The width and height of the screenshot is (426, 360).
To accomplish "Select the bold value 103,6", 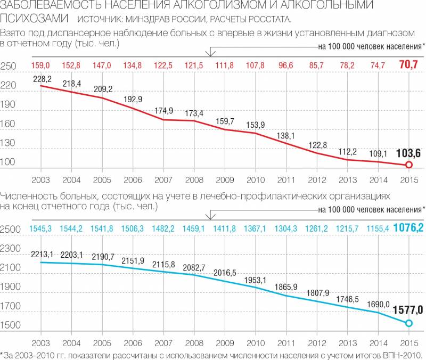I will click(x=409, y=153).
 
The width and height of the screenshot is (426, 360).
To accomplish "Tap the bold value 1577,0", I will click(x=408, y=310).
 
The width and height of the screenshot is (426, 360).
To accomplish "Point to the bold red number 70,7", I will click(x=409, y=66).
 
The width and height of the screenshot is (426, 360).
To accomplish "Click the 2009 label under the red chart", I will click(x=225, y=179).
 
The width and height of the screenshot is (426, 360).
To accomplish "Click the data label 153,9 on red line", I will click(x=255, y=125).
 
